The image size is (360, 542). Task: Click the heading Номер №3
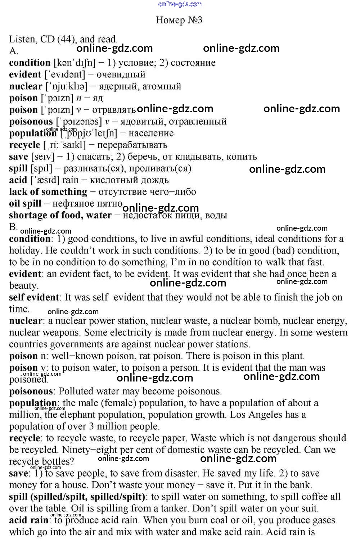pyautogui.click(x=179, y=20)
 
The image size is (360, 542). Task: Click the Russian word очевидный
pyautogui.click(x=121, y=74)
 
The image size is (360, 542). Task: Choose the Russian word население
pyautogui.click(x=151, y=134)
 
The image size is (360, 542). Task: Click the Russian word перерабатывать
pyautogui.click(x=132, y=145)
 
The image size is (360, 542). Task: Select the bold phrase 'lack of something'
pyautogui.click(x=48, y=192)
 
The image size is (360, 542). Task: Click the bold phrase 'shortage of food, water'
pyautogui.click(x=60, y=215)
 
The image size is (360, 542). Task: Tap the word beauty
pyautogui.click(x=23, y=286)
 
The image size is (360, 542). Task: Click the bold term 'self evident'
pyautogui.click(x=34, y=298)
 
